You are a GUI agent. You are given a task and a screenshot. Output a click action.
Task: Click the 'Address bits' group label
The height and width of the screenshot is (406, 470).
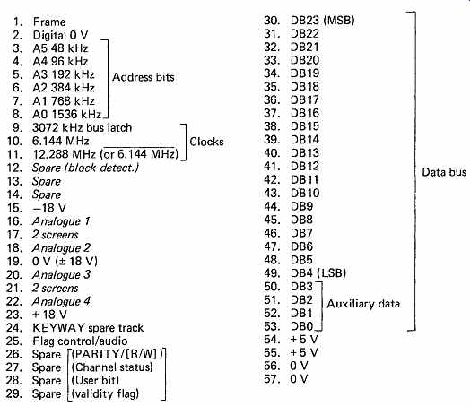(143, 77)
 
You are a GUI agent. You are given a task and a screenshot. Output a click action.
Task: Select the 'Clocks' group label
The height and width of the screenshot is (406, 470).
(206, 142)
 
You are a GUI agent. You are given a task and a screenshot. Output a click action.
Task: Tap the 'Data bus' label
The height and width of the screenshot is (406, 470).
(444, 172)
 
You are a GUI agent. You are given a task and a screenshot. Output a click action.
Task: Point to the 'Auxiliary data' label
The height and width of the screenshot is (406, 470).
(363, 304)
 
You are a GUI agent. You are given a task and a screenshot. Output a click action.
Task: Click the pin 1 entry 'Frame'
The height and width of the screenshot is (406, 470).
(49, 22)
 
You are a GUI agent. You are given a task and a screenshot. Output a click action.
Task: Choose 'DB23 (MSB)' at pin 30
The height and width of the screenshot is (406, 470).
(323, 21)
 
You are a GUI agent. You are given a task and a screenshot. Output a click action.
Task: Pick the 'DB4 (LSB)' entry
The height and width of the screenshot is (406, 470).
(318, 273)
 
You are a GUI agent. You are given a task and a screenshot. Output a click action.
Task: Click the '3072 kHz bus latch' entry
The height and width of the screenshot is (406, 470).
(82, 128)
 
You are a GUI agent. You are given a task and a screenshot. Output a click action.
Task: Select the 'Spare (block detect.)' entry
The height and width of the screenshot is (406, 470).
(85, 168)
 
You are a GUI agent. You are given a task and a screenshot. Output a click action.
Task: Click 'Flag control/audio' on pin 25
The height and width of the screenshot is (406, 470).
(80, 341)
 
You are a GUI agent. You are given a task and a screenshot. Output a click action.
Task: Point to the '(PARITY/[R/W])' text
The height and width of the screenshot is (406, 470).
(117, 354)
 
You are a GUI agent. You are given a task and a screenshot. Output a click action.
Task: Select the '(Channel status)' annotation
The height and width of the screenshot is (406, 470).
(112, 367)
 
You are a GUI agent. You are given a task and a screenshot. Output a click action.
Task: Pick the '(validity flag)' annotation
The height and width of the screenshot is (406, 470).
(105, 393)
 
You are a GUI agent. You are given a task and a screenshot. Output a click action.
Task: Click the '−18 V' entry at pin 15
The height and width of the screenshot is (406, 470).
(49, 208)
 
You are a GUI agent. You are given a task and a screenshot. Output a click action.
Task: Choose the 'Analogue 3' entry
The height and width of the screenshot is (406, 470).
(61, 274)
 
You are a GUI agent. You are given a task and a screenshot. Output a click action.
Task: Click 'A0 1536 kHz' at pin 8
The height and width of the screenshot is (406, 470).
(67, 115)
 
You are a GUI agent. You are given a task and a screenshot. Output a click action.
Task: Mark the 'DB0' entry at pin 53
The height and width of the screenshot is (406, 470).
(302, 326)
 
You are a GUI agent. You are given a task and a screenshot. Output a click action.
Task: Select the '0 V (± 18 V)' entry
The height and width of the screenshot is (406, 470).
(65, 261)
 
